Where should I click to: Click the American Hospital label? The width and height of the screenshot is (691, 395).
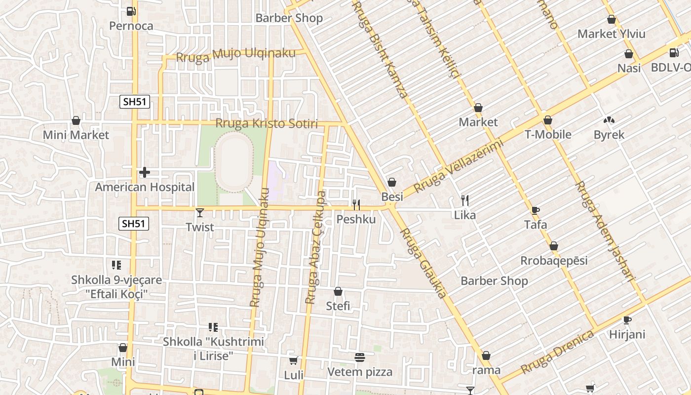[145, 187]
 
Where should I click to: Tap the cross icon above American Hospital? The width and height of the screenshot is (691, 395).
[145, 172]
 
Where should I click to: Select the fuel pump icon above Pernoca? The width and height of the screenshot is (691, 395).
[131, 11]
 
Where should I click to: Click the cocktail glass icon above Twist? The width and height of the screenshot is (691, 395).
[199, 213]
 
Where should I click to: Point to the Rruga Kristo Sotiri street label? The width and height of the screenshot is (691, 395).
[267, 123]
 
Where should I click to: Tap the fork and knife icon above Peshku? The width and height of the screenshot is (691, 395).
[356, 204]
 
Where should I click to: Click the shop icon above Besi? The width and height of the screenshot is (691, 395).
[392, 183]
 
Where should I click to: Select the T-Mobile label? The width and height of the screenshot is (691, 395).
[548, 134]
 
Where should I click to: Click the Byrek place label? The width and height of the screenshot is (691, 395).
[609, 135]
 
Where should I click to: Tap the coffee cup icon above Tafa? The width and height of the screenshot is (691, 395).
[536, 210]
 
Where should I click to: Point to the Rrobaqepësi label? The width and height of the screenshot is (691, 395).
[554, 260]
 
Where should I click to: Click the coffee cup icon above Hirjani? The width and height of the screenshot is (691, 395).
[627, 320]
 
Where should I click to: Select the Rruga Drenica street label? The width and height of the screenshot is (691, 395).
[557, 353]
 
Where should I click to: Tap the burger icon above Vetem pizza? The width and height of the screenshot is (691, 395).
[360, 357]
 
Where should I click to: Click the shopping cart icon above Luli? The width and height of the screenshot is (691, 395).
[294, 361]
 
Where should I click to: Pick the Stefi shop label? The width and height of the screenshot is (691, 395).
[338, 306]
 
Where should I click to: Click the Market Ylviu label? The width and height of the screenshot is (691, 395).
[612, 34]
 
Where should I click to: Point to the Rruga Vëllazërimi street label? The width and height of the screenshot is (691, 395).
[459, 166]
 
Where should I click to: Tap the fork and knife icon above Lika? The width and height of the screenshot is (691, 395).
[464, 200]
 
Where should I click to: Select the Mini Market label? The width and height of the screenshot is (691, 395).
[76, 135]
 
